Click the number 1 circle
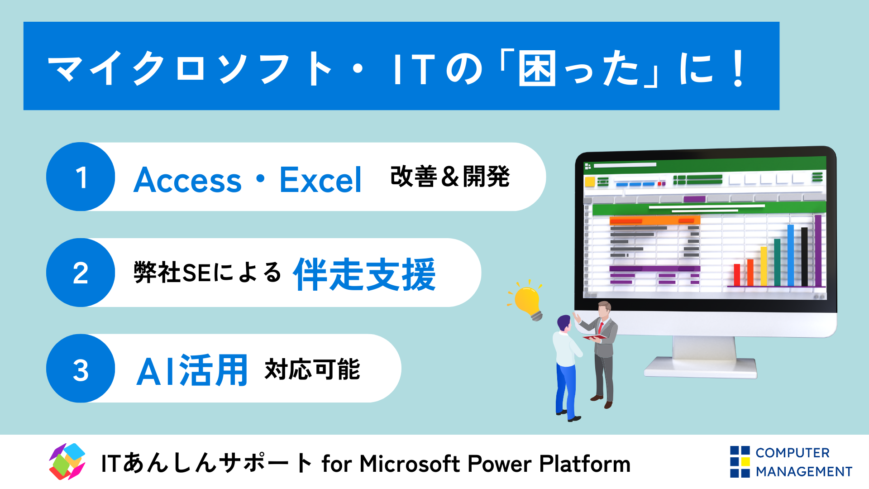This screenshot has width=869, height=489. tap(81, 177)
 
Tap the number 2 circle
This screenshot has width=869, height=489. tap(81, 273)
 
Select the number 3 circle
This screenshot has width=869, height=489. tap(81, 369)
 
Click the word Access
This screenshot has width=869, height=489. tap(188, 180)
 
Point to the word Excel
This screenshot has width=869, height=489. tap(320, 180)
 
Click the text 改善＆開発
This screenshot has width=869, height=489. tap(450, 176)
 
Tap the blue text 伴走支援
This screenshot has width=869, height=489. tap(364, 274)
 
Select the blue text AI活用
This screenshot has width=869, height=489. tap(192, 371)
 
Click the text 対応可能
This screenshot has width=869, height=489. tap(312, 369)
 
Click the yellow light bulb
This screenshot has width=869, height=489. tap(528, 301)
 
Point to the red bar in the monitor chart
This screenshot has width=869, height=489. tap(737, 275)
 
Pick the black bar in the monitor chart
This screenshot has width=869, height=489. tap(804, 257)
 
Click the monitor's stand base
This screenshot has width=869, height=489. tap(701, 367)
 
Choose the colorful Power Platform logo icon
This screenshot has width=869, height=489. tap(67, 462)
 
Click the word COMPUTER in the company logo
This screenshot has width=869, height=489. tap(793, 453)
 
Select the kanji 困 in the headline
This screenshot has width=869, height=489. tap(537, 69)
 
